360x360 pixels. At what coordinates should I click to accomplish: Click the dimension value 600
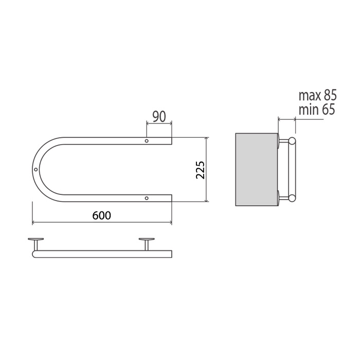tap(101, 215)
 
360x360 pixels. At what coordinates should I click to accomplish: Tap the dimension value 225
tap(200, 170)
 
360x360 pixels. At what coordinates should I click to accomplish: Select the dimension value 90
tap(159, 116)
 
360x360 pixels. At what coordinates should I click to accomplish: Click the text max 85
tap(317, 95)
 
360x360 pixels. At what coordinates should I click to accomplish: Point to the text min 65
tap(317, 110)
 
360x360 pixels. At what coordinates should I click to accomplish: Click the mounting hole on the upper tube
tap(147, 141)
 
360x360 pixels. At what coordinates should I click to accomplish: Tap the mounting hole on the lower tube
tap(147, 198)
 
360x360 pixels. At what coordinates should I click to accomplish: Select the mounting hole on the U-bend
tap(35, 169)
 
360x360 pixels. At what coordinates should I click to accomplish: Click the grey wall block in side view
tap(257, 169)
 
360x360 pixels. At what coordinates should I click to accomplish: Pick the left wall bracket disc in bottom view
tap(35, 239)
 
